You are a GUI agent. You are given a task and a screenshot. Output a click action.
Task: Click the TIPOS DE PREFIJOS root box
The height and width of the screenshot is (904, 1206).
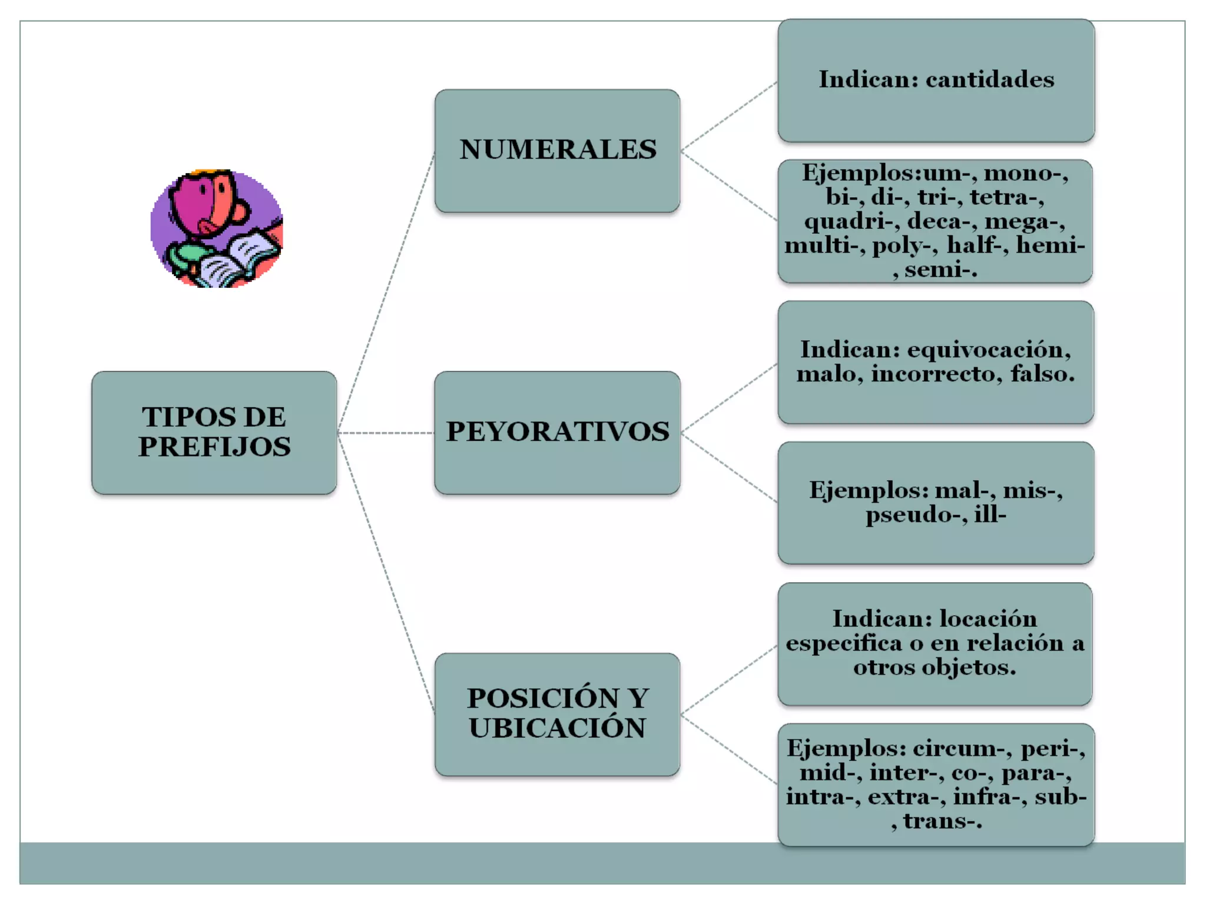214,433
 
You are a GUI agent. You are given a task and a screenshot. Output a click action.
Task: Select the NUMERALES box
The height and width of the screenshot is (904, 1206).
557,151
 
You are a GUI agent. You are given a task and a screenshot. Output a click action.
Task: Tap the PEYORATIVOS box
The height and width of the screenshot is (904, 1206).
557,433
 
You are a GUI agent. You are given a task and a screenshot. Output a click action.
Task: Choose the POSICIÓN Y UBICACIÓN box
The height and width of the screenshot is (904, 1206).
557,714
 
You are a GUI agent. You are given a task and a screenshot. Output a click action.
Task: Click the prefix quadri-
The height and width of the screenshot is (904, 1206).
852,221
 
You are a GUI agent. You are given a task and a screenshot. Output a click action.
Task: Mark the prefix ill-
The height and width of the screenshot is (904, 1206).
990,514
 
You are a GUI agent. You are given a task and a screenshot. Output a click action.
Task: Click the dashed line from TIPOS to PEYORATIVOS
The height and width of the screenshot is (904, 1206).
386,433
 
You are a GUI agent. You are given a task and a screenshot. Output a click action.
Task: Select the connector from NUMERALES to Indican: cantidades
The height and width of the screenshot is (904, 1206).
729,117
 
